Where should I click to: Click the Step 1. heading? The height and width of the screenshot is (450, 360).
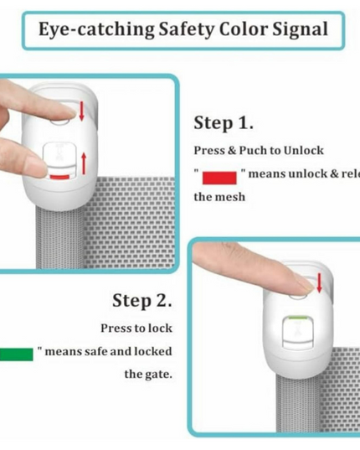pyautogui.click(x=224, y=123)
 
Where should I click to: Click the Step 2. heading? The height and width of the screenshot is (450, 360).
pyautogui.click(x=142, y=300)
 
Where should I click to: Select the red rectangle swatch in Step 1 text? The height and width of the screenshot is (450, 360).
pyautogui.click(x=219, y=175)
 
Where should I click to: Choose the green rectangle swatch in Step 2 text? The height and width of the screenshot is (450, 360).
pyautogui.click(x=16, y=352)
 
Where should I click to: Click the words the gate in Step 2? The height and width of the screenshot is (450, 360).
pyautogui.click(x=149, y=374)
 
